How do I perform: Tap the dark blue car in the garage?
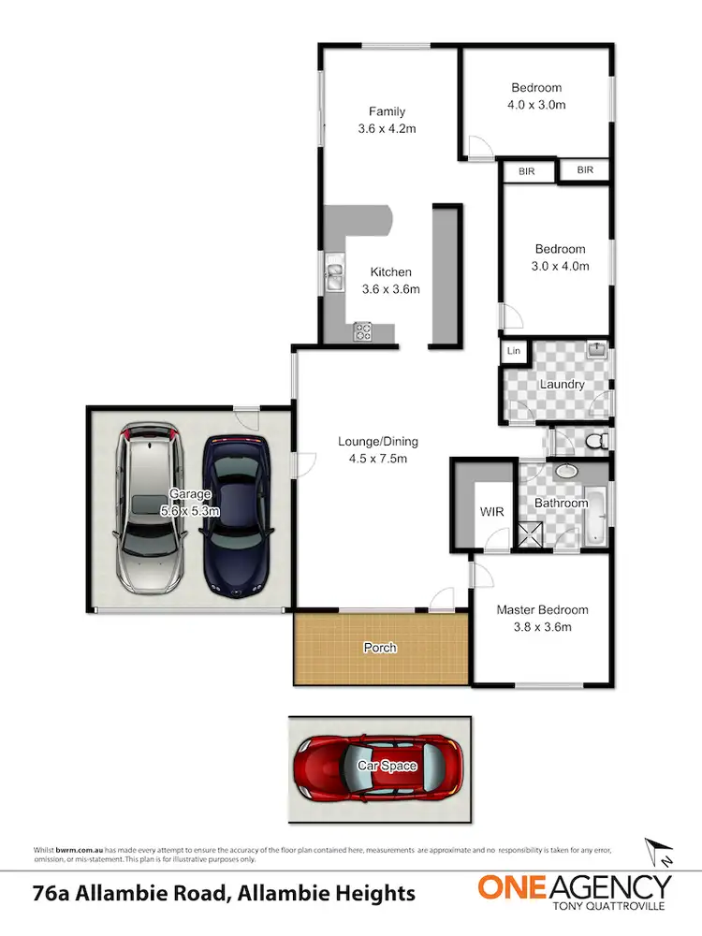238,516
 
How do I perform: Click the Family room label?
387,112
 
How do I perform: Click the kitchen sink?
334,274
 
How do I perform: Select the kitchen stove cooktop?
362,330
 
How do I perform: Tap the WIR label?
491,513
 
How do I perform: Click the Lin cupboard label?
513,351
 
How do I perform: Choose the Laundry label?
562,384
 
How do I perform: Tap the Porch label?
380,648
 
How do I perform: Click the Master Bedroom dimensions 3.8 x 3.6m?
542,627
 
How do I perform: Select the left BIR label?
527,171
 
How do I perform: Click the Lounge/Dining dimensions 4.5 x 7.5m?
378,459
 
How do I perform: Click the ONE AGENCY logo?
575,891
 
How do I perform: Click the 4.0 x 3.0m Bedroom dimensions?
536,105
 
